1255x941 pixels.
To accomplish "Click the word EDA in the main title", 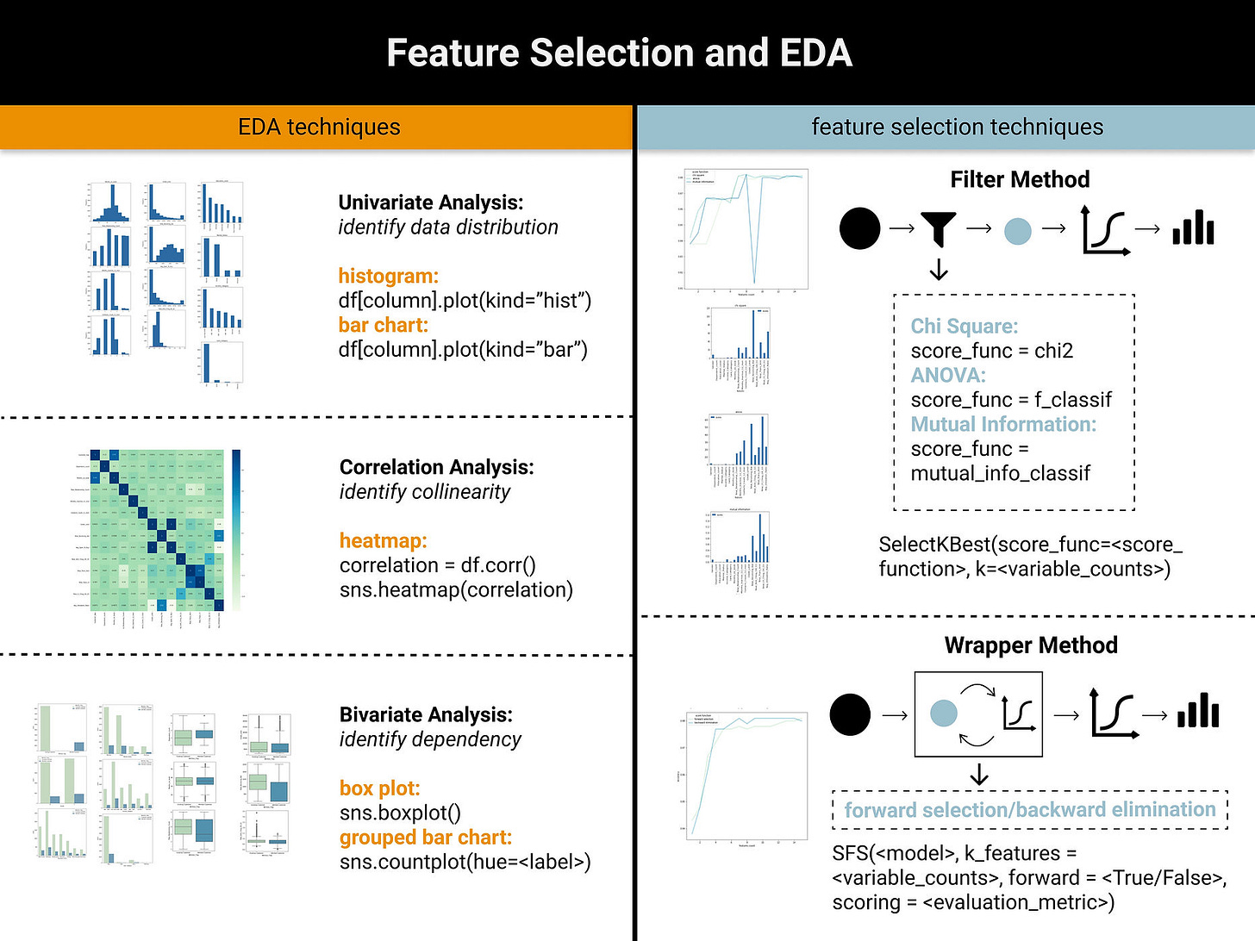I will tap(815, 53).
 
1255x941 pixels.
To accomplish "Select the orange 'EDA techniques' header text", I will tap(319, 128).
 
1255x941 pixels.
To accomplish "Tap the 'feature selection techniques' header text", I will tap(957, 128).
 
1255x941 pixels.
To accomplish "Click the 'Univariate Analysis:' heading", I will tap(430, 203).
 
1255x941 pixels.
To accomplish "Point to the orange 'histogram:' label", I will tap(388, 276).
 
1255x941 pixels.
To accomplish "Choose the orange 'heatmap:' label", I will tap(383, 540).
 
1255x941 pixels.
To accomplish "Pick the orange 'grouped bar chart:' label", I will tap(425, 838).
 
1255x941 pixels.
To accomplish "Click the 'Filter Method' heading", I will tap(1020, 179).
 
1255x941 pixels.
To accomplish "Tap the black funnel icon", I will tap(939, 228).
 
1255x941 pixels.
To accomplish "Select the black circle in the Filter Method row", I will tap(859, 228).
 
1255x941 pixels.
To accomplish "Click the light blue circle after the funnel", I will tap(1018, 231).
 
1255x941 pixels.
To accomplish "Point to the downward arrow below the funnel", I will tap(939, 270).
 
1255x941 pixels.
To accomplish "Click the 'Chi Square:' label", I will tap(964, 327).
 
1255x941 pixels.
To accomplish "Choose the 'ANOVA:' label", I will tap(947, 376).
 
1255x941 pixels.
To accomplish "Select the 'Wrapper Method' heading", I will tap(1030, 645).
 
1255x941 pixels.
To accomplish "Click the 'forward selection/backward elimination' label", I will tap(1029, 810).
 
